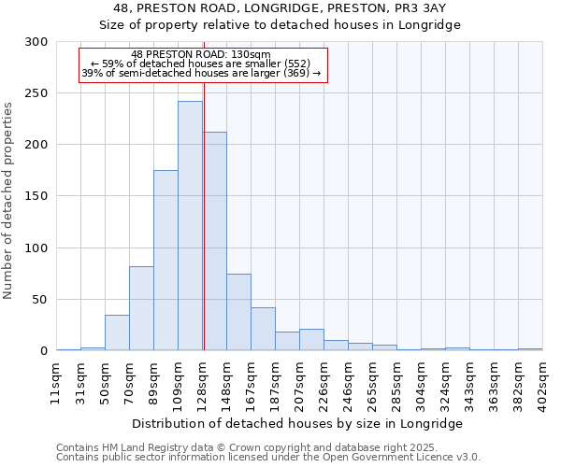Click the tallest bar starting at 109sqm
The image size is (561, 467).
190,226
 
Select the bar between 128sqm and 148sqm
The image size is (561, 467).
214,241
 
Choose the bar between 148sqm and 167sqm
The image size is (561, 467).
238,312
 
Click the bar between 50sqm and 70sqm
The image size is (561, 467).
117,333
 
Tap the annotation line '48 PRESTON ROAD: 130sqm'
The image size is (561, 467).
201,54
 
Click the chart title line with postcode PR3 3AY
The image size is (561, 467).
280,8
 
